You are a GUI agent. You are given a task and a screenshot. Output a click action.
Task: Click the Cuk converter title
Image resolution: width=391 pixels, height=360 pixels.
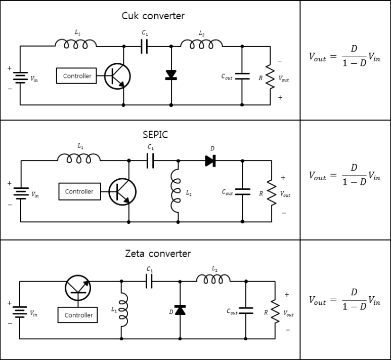(x=153, y=16)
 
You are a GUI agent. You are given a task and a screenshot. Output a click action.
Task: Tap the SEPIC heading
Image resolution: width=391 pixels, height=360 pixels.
(x=155, y=135)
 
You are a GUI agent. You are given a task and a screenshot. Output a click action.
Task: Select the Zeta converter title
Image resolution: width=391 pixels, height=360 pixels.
(x=158, y=253)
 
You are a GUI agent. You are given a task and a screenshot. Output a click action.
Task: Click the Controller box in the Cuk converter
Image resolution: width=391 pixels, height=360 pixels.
(x=76, y=75)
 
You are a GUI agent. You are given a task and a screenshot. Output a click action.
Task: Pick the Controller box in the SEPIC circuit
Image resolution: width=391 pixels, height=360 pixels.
(x=80, y=191)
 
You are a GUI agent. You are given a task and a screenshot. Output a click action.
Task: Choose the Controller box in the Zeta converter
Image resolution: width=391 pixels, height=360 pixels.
(x=77, y=315)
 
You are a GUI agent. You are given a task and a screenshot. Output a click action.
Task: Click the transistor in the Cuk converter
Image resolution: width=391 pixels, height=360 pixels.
(x=117, y=76)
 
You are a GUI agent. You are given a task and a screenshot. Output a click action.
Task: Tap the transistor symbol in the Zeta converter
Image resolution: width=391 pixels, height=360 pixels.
(x=78, y=288)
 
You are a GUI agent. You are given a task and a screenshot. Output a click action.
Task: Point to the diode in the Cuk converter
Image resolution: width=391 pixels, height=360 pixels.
(x=171, y=75)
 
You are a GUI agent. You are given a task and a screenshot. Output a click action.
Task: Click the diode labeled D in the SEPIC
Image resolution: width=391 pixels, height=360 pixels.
(x=210, y=161)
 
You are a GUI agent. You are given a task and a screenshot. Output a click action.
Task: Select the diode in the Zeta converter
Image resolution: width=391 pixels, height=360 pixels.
(x=180, y=310)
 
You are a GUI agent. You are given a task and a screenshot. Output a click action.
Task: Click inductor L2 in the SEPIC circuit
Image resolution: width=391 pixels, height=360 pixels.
(x=176, y=191)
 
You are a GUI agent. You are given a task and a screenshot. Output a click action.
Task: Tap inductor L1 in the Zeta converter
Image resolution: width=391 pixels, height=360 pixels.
(x=123, y=310)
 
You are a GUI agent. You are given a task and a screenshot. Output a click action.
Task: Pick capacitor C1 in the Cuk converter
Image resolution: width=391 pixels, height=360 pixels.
(x=144, y=46)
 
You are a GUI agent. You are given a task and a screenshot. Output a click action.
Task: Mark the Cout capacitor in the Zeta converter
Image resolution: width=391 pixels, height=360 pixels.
(x=246, y=310)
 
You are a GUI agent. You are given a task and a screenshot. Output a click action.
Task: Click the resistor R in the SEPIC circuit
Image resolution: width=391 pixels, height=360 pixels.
(x=272, y=192)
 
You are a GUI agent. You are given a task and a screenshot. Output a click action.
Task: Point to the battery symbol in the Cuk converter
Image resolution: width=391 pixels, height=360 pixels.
(x=20, y=77)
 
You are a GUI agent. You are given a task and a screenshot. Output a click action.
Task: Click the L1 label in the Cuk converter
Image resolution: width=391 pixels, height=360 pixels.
(x=77, y=32)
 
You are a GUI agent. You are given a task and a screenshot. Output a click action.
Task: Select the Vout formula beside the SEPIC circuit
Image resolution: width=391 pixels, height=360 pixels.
(x=344, y=175)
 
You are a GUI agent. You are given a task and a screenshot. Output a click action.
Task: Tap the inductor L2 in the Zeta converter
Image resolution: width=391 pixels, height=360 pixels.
(x=213, y=279)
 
